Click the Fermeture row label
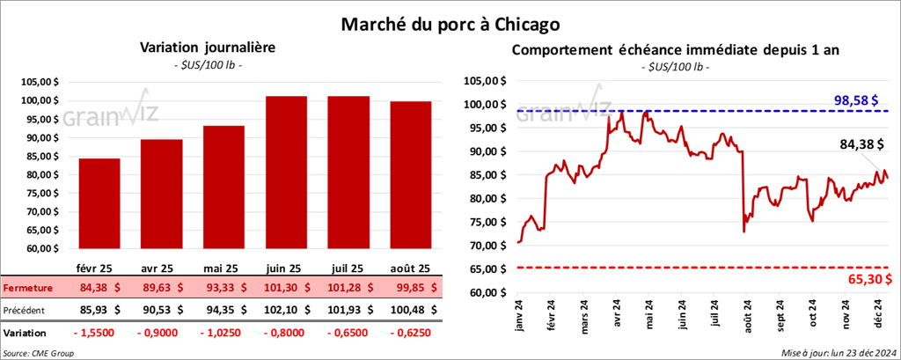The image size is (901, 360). pos(27,288)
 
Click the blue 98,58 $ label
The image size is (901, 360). pos(858,100)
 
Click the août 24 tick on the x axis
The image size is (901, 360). pos(745,315)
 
